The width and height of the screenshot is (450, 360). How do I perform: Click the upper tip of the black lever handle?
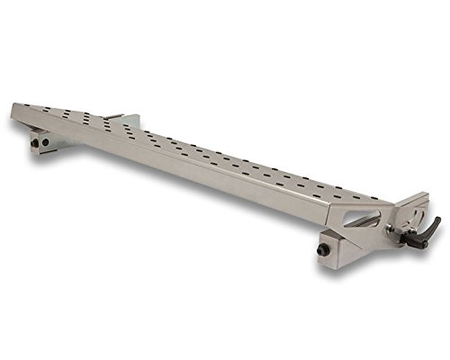[438, 219]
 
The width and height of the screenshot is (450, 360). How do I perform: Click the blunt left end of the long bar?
[14, 112]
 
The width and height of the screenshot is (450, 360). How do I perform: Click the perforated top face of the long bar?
[198, 153]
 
